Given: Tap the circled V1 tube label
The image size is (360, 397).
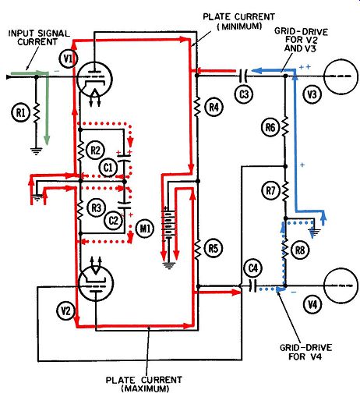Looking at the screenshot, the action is click(68, 59).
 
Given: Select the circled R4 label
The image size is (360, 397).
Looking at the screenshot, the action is click(214, 107).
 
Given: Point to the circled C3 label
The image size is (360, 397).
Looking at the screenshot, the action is click(244, 94).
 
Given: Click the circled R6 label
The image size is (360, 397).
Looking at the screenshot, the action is click(270, 127).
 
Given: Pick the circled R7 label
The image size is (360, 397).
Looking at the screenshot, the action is click(270, 191).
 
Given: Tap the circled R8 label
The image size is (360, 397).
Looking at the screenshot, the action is click(300, 250).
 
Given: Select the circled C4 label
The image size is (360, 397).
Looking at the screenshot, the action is click(253, 268).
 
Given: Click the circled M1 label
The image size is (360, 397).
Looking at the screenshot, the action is click(146, 229).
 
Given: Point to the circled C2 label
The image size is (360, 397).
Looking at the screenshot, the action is click(114, 221).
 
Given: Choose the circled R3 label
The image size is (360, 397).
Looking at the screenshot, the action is click(96, 208).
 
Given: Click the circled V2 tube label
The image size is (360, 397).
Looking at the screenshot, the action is click(65, 310).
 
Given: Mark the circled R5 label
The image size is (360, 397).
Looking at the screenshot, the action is click(214, 249).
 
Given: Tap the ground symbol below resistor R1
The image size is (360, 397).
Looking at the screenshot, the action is click(36, 151).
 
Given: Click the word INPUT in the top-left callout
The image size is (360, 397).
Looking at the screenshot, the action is click(22, 34).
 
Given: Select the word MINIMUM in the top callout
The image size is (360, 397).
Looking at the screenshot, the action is click(239, 27).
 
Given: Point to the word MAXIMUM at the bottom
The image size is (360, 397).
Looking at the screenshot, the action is click(145, 389).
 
